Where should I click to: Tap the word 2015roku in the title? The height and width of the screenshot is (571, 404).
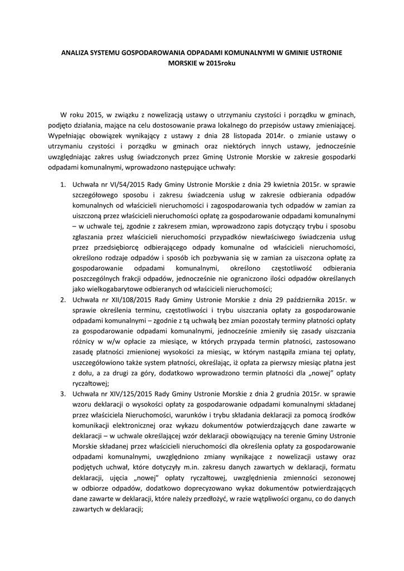pos(222,63)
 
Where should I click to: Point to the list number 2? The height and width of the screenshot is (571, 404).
pos(64,300)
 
